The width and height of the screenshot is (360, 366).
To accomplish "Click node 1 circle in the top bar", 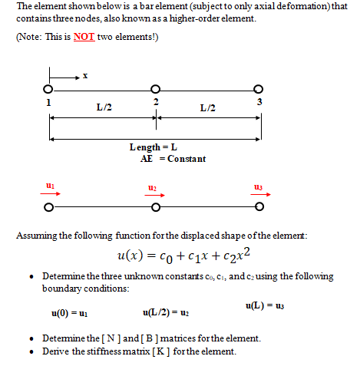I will tap(49, 91).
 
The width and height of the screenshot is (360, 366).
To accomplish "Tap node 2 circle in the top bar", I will tap(156, 91).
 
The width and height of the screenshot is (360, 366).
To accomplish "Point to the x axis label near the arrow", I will tap(85, 75).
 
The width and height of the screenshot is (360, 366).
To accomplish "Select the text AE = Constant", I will tap(168, 158).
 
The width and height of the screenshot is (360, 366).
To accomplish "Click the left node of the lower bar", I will tap(49, 207).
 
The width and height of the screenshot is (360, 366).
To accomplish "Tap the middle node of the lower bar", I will tap(156, 207).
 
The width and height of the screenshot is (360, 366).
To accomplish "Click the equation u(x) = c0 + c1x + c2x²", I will tap(180, 255).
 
